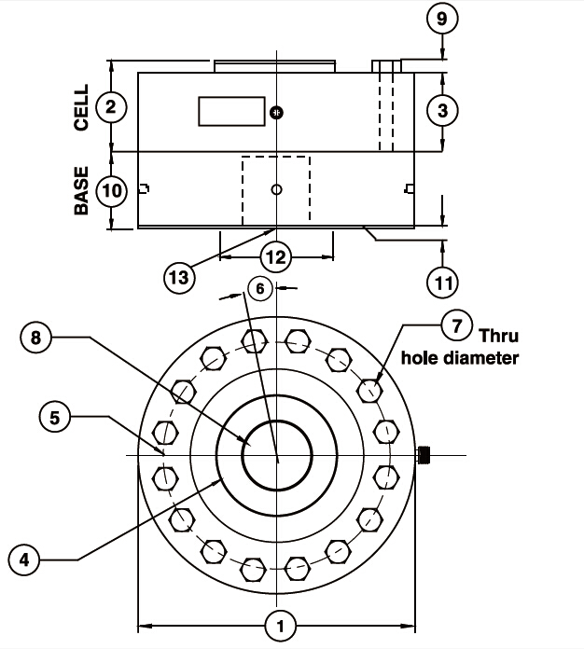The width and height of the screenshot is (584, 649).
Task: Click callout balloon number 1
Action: pyautogui.click(x=279, y=624)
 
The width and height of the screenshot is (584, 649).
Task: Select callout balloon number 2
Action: pyautogui.click(x=111, y=107)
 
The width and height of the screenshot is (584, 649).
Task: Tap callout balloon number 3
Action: pyautogui.click(x=443, y=110)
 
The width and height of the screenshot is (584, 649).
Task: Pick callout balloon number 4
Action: pyautogui.click(x=25, y=560)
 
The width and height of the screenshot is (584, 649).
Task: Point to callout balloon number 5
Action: pyautogui.click(x=55, y=416)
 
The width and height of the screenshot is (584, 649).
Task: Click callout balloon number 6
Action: pyautogui.click(x=261, y=289)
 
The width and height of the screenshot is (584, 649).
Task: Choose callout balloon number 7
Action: pyautogui.click(x=456, y=326)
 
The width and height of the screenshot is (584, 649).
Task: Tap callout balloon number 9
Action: pyautogui.click(x=443, y=18)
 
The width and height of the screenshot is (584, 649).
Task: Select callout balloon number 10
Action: pyautogui.click(x=111, y=191)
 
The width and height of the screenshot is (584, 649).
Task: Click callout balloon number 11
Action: pyautogui.click(x=443, y=279)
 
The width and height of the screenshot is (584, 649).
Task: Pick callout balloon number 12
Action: pyautogui.click(x=275, y=256)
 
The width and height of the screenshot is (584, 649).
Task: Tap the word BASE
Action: pyautogui.click(x=81, y=191)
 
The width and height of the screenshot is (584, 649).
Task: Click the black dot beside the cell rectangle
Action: pyautogui.click(x=275, y=113)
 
